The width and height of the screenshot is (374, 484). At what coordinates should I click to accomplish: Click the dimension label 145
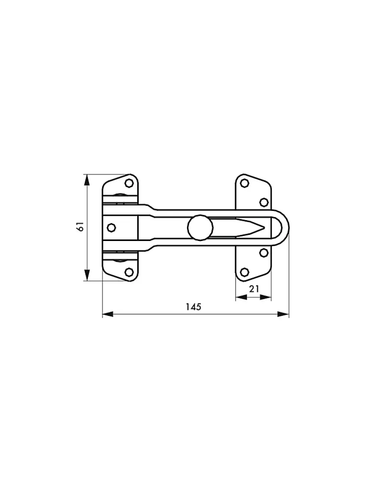tap(194, 307)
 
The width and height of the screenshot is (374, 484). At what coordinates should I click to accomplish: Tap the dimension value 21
tap(254, 289)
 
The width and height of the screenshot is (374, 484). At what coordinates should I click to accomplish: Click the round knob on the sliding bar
tap(200, 228)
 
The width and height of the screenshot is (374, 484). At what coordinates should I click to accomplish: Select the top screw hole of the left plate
tap(129, 183)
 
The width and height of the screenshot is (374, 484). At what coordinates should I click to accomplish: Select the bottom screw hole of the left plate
tap(129, 272)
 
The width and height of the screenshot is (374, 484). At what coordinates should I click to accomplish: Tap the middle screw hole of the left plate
tap(111, 228)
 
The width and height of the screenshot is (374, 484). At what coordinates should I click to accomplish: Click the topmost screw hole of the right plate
tap(245, 183)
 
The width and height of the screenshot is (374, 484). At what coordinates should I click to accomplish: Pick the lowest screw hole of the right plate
tap(245, 272)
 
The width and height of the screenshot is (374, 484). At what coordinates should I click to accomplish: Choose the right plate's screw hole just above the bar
tap(264, 202)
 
